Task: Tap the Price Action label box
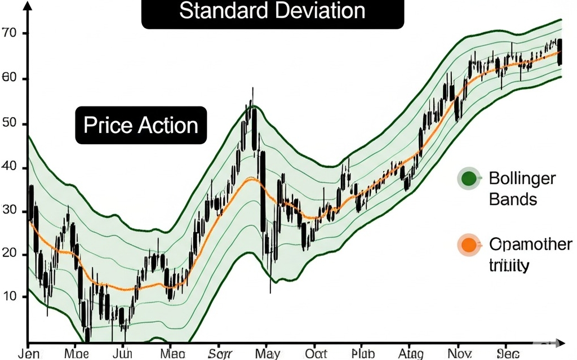pyautogui.click(x=141, y=125)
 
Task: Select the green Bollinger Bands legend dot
pyautogui.click(x=468, y=179)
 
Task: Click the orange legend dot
pyautogui.click(x=468, y=245)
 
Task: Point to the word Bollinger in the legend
pyautogui.click(x=522, y=179)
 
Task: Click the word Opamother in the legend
pyautogui.click(x=530, y=245)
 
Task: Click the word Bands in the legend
pyautogui.click(x=513, y=199)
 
